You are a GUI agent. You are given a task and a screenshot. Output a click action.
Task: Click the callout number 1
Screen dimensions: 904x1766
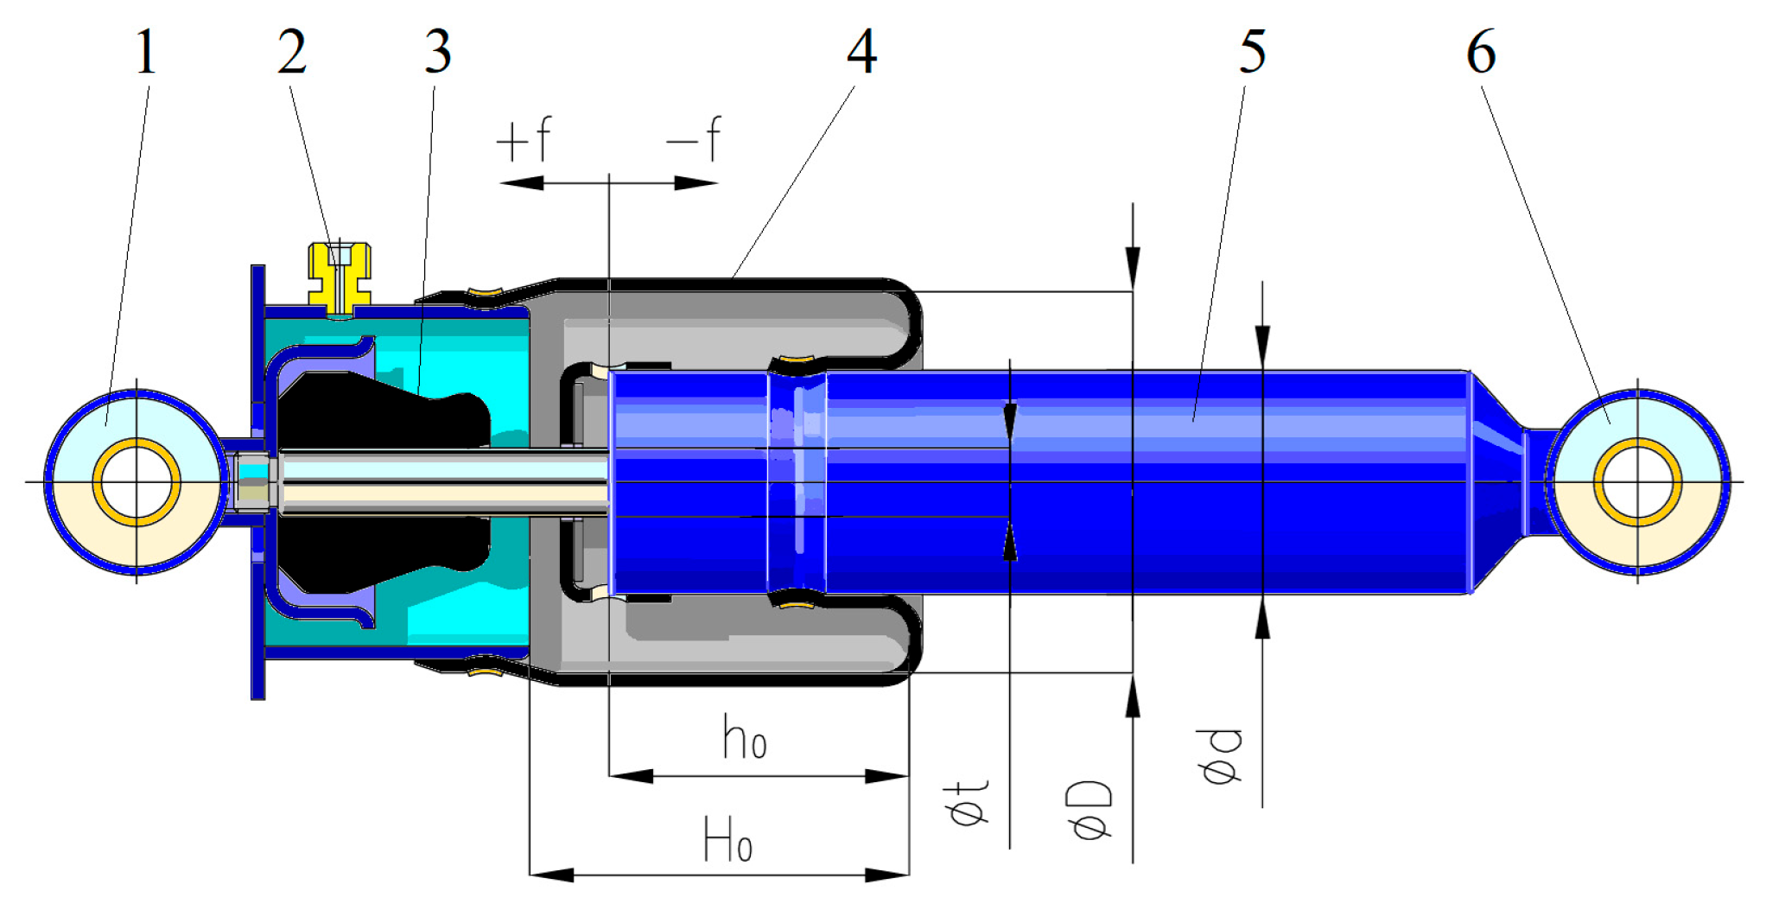(x=146, y=53)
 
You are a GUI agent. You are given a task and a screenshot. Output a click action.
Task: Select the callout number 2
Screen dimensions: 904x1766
(x=292, y=53)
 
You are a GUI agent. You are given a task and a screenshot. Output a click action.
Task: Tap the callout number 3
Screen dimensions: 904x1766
(x=437, y=53)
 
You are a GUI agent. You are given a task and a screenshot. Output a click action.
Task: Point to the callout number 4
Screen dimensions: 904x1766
(x=861, y=53)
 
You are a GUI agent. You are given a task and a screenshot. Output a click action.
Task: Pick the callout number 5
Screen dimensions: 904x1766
(x=1252, y=53)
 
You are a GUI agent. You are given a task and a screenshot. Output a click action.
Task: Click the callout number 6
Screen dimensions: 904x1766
(x=1481, y=53)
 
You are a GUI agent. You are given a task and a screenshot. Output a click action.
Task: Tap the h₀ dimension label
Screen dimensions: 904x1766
(x=744, y=739)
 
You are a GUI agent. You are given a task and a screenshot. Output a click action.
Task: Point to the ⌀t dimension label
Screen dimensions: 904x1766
(x=968, y=802)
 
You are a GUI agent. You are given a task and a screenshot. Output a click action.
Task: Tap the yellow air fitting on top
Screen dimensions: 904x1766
(x=340, y=276)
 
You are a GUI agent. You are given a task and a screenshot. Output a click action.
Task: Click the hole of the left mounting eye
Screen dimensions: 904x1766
(x=137, y=482)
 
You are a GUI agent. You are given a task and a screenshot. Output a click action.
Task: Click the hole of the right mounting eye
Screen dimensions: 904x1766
(x=1637, y=482)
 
